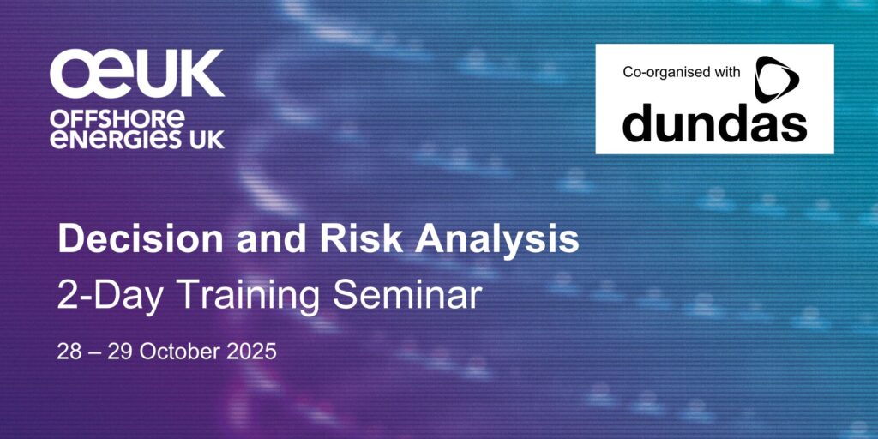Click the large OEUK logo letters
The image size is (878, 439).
tap(137, 74)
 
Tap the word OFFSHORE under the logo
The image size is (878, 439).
tap(117, 118)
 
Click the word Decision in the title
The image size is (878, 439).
tap(141, 238)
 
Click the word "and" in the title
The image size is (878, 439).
tap(272, 238)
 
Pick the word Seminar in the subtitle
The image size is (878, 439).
tap(407, 295)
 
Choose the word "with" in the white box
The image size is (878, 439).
tap(725, 72)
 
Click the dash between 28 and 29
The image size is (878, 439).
tap(93, 353)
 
